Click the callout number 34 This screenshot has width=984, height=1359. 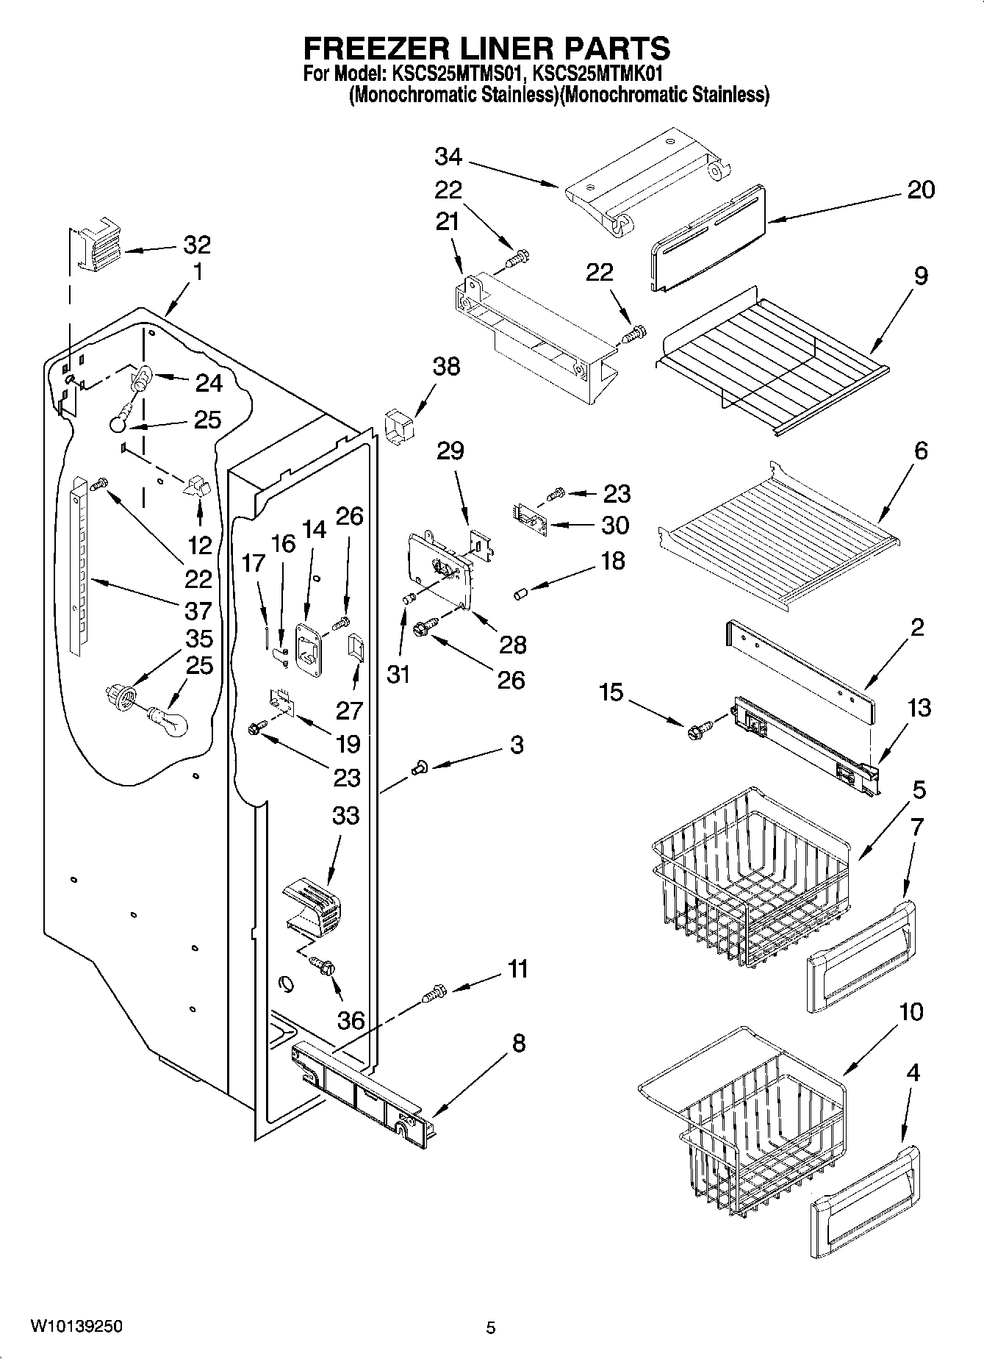[x=448, y=156]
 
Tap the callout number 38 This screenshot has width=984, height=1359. [x=447, y=366]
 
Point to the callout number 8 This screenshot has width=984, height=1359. [x=519, y=1043]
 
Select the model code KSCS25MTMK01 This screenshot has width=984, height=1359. [x=598, y=74]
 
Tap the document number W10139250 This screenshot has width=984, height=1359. [x=76, y=1327]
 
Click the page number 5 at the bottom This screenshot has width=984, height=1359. [x=491, y=1327]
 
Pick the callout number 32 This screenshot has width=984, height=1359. [x=196, y=245]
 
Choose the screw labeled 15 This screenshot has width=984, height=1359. [x=695, y=732]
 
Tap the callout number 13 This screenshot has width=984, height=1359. [x=919, y=708]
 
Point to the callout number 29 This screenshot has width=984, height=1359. [x=450, y=450]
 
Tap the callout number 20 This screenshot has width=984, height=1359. [x=920, y=190]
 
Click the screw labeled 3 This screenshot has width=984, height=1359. [x=420, y=769]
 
